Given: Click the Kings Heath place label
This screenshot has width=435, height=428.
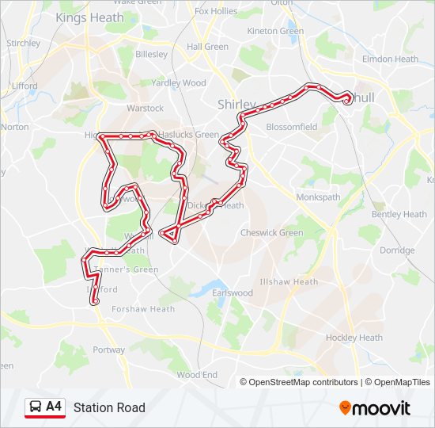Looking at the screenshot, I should click(89, 17).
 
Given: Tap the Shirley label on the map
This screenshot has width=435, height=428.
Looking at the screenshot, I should click(236, 105).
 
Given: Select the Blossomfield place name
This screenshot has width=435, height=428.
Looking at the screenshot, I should click(292, 127).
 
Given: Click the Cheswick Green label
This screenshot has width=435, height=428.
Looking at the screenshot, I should click(271, 233).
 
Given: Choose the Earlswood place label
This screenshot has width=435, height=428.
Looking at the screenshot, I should click(233, 293).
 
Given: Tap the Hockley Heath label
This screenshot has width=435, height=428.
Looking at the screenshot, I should click(354, 338).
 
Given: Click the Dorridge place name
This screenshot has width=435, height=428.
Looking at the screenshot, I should click(397, 250).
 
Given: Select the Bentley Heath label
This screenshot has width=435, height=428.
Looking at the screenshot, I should click(399, 214).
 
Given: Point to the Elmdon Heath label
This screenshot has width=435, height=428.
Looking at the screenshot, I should click(390, 59).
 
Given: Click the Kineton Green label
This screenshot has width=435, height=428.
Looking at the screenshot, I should click(275, 31).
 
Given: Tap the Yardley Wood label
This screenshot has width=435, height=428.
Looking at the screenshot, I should click(179, 82).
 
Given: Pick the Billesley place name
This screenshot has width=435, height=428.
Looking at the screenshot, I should click(152, 55).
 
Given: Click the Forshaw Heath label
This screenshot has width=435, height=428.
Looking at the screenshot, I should click(143, 309).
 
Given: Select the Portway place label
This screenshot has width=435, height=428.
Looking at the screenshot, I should click(108, 350).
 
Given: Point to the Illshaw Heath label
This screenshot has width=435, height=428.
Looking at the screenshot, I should click(289, 281).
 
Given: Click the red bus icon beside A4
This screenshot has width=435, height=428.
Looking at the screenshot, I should click(35, 407).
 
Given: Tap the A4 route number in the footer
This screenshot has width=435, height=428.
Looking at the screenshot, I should click(54, 407).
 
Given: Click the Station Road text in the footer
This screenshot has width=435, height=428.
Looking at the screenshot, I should click(109, 407).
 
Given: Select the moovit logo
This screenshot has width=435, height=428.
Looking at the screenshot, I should click(375, 407).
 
